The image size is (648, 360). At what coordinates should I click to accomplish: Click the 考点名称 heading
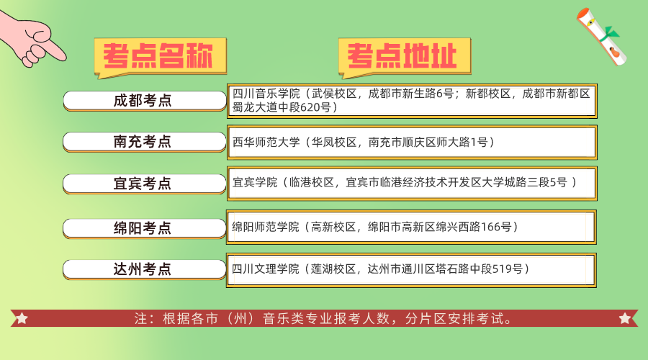click(158, 55)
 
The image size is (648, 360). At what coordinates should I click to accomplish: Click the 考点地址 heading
click(404, 55)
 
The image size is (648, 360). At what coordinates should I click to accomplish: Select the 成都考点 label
click(143, 101)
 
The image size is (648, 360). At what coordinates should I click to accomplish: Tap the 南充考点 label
click(143, 142)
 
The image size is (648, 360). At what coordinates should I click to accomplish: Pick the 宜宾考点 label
click(143, 184)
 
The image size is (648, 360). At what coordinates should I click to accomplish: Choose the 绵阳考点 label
click(143, 228)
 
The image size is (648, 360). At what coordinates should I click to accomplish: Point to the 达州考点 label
click(143, 269)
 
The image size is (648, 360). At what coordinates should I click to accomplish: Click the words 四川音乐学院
click(265, 94)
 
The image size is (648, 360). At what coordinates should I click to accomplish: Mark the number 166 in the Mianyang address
click(490, 227)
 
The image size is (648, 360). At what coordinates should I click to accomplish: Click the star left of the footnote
click(22, 318)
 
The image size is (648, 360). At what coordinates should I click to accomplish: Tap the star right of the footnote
click(624, 318)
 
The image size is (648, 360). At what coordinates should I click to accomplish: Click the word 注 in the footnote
click(141, 318)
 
